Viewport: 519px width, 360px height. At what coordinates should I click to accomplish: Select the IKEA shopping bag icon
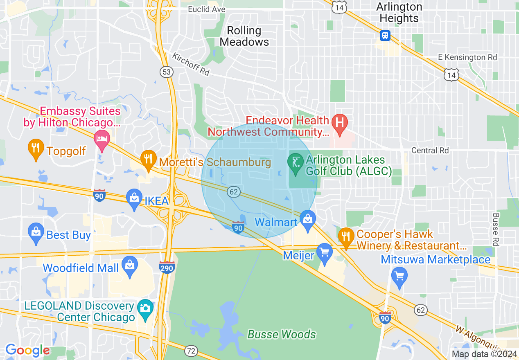click(x=134, y=198)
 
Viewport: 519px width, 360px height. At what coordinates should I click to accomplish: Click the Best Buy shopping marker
click(x=36, y=233)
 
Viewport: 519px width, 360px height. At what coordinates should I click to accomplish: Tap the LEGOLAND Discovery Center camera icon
click(x=145, y=307)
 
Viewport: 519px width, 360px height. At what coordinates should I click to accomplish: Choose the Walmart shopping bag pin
click(x=307, y=220)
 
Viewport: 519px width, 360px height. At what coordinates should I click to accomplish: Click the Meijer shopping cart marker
click(x=325, y=252)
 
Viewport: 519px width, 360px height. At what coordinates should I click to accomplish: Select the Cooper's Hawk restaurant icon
click(x=346, y=237)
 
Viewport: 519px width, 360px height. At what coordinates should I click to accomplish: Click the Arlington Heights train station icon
click(x=385, y=36)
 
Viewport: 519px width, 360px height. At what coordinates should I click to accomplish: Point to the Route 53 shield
click(x=167, y=72)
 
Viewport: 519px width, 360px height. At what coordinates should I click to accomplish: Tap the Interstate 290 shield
click(x=167, y=268)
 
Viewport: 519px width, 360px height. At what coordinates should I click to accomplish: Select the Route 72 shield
click(x=190, y=351)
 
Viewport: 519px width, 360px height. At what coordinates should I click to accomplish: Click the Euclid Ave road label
click(x=207, y=9)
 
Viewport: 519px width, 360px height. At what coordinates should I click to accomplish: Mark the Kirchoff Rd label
click(x=191, y=64)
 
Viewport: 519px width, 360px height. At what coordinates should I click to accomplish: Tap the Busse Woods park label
click(x=282, y=334)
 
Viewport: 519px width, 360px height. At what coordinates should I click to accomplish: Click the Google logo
click(x=27, y=351)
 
